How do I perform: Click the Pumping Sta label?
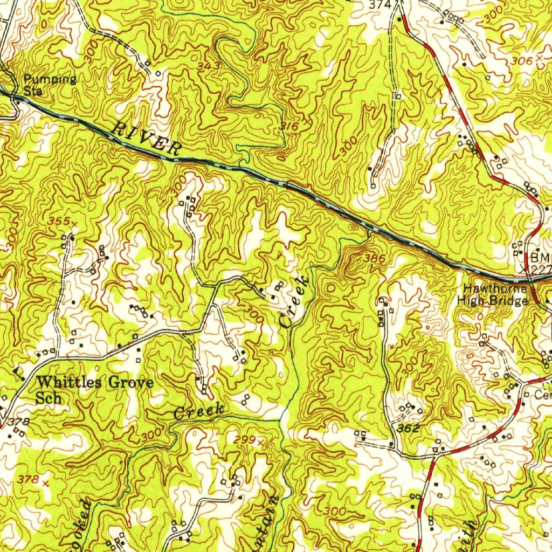(x=49, y=85)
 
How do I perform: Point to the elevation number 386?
(x=374, y=259)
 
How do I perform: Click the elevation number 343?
(x=194, y=66)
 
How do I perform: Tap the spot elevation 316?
(x=289, y=126)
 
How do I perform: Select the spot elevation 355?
(x=59, y=221)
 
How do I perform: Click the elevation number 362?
(x=409, y=429)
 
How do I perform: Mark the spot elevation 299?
(x=245, y=440)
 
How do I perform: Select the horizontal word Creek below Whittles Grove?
(x=199, y=411)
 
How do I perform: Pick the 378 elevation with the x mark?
(x=28, y=479)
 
